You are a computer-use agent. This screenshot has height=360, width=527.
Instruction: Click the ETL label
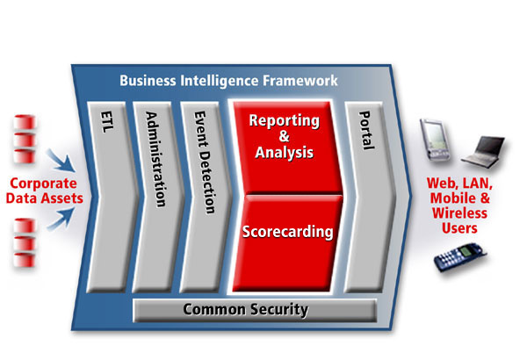tap(107, 122)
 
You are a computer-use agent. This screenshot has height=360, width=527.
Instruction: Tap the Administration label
tap(155, 159)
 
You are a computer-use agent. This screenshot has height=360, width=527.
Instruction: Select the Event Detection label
tap(205, 162)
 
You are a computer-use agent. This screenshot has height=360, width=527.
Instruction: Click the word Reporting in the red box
tap(284, 121)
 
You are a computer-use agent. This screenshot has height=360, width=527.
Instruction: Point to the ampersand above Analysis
tap(284, 136)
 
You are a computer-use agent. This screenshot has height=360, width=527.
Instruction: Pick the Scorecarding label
tap(288, 232)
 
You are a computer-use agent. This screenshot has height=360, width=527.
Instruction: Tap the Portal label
tap(366, 130)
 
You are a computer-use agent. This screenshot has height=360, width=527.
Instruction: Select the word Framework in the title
tap(300, 81)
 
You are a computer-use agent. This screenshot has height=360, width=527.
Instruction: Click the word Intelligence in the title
tap(219, 81)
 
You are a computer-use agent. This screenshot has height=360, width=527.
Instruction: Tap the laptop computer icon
tap(484, 152)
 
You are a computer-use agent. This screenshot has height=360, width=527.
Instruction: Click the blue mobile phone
tap(459, 257)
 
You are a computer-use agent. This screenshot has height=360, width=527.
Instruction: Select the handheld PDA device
tap(435, 140)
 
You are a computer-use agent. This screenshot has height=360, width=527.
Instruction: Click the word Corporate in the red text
tap(43, 184)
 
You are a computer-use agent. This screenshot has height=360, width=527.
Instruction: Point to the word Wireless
tap(459, 213)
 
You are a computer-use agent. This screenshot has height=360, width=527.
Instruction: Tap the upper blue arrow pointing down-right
tap(61, 161)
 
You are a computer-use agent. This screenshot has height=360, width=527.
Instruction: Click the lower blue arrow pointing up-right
tap(61, 219)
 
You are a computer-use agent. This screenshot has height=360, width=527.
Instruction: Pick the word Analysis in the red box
tap(284, 152)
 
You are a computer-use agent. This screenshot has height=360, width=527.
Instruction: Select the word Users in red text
tap(459, 228)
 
